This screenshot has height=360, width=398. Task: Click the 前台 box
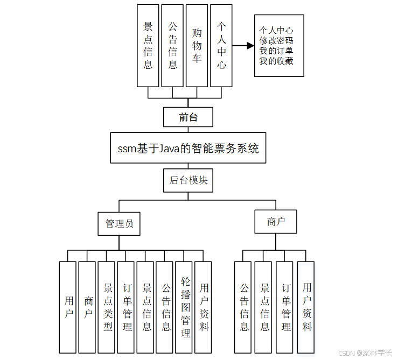188,117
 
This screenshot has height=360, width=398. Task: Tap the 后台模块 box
188,181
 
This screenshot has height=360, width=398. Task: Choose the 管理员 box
119,223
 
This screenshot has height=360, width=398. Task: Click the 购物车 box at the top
197,46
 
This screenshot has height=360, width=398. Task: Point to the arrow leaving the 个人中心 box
243,46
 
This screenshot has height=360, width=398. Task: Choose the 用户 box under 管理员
68,307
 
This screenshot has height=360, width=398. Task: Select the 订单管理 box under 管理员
127,307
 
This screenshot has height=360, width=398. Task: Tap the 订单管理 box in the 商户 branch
285,307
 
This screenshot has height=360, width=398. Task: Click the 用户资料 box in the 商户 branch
306,307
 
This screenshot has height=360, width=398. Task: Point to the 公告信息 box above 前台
172,46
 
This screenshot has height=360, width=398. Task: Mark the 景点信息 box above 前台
148,46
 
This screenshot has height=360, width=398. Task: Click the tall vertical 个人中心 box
221,46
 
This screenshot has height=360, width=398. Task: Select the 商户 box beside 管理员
276,222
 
